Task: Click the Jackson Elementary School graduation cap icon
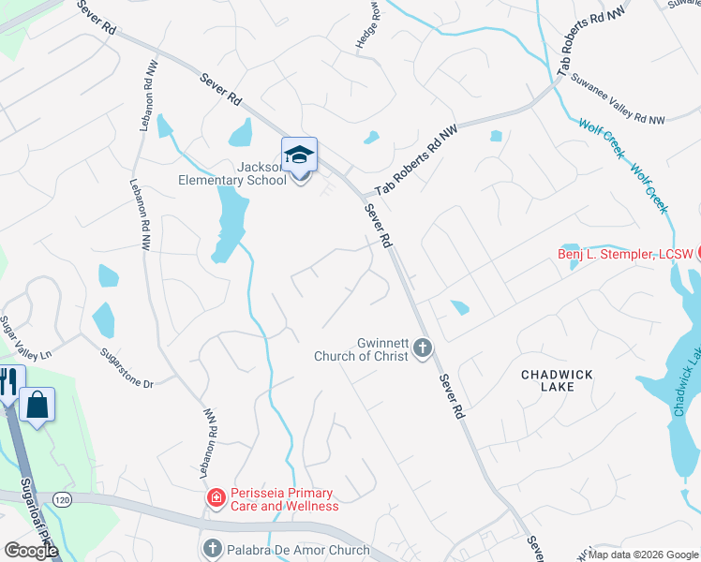[299, 155]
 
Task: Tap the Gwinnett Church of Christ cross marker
[422, 349]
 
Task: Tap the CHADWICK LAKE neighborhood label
[557, 382]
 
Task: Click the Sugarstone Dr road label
[127, 370]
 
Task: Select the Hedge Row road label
[365, 31]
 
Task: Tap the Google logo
[31, 551]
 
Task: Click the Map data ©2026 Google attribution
[643, 555]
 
